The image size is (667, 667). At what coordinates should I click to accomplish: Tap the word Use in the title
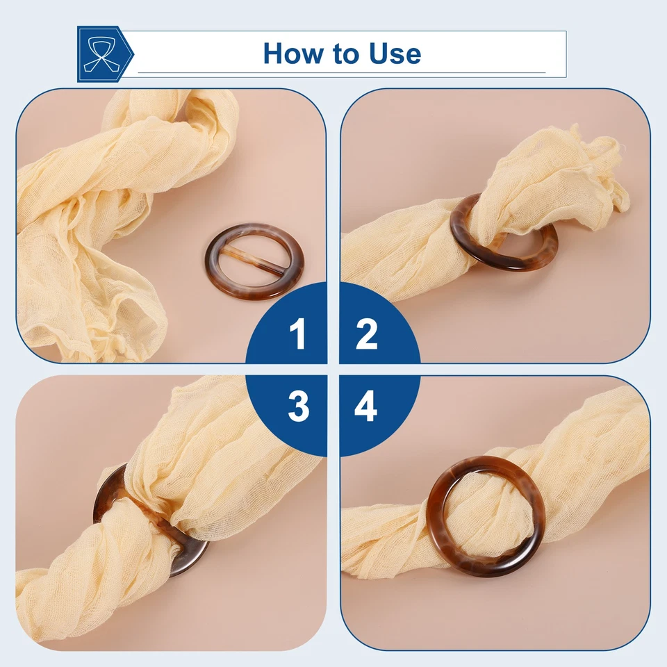(395, 53)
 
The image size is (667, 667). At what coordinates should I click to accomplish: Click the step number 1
(298, 335)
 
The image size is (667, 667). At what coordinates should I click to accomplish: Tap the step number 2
(366, 335)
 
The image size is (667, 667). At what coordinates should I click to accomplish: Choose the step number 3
(298, 406)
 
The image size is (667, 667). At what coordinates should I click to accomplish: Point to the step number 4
(365, 406)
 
